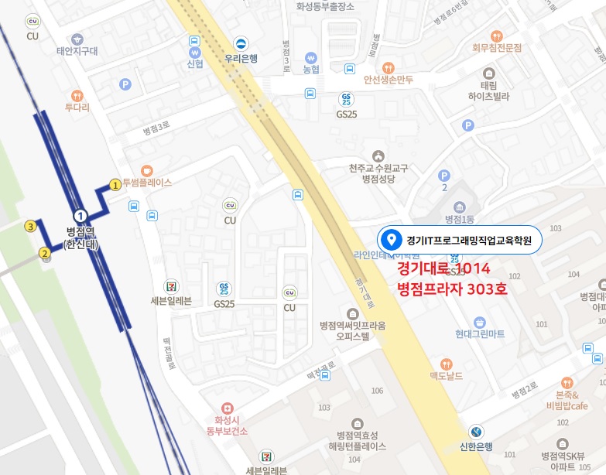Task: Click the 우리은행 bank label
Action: pos(241,57)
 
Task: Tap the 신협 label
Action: pos(195,63)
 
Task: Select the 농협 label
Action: pos(311,69)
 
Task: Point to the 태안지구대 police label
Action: pos(77,52)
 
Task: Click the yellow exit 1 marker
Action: pos(115,184)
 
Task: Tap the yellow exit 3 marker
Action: pos(30,227)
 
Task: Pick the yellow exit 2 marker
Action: pos(45,252)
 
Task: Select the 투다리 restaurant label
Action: pos(77,108)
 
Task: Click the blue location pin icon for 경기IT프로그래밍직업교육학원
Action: pos(392,240)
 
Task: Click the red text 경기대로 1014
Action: pos(443,269)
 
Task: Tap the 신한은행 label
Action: pos(475,446)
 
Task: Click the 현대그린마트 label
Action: pos(480,333)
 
